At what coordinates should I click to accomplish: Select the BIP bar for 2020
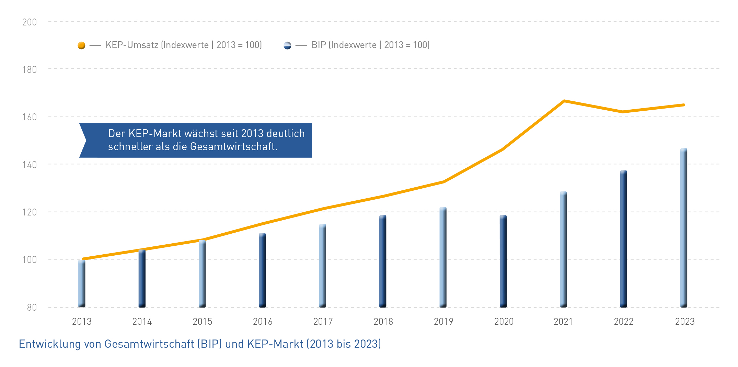503,261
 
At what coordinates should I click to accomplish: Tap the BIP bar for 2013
82,283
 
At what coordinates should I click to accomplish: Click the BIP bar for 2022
624,239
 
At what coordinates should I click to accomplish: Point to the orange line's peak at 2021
564,101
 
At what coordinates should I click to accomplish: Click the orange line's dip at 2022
623,112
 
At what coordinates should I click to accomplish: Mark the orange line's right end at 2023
684,105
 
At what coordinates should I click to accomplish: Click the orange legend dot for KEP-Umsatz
81,45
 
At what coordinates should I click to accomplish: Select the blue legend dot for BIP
287,45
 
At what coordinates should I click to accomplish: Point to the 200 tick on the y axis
30,22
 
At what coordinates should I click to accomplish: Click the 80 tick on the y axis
32,307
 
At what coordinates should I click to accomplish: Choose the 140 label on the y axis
30,165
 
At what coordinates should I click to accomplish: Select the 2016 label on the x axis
263,322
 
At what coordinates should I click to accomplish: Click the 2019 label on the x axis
443,322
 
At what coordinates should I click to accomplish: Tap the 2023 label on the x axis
685,322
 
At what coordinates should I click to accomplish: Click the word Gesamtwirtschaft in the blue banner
233,147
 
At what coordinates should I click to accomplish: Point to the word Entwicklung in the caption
49,344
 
